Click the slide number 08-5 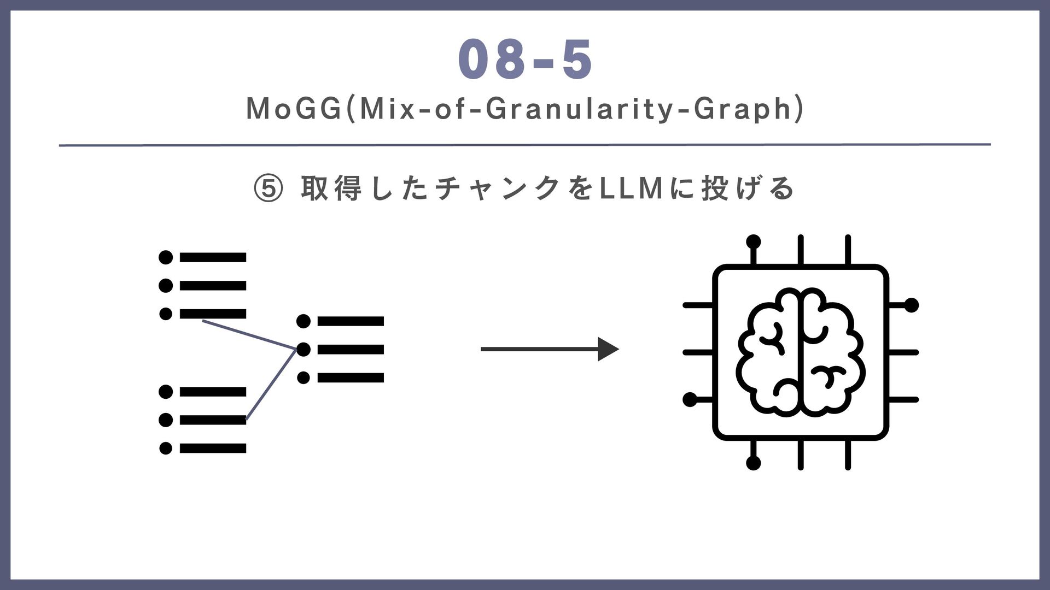click(525, 60)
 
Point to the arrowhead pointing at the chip click(609, 349)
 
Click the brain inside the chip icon click(801, 352)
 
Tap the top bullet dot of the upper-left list click(166, 257)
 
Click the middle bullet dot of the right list click(304, 349)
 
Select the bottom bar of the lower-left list click(213, 449)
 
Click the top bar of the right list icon click(351, 321)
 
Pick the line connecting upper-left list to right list click(249, 334)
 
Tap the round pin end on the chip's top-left click(754, 241)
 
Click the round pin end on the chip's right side click(911, 305)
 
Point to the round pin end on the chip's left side click(690, 400)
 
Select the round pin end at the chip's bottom click(754, 463)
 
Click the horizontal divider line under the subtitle click(525, 145)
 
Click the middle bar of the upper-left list click(213, 286)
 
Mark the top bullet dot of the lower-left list click(166, 392)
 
